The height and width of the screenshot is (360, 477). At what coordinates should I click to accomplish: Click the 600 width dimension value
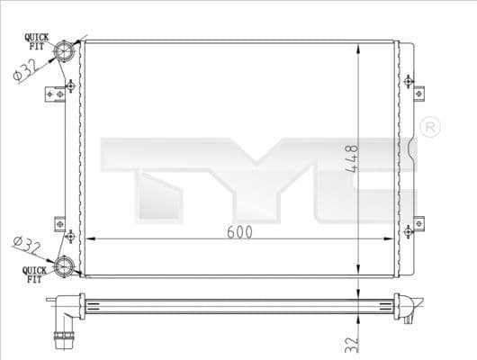coord(239,231)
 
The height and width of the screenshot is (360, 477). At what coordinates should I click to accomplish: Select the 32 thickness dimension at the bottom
coord(353,342)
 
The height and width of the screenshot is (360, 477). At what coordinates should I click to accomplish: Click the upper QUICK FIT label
coord(36,39)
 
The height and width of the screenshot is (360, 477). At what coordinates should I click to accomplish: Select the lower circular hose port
coord(66,265)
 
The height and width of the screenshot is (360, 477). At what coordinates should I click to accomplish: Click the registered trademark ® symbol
coord(429,125)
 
